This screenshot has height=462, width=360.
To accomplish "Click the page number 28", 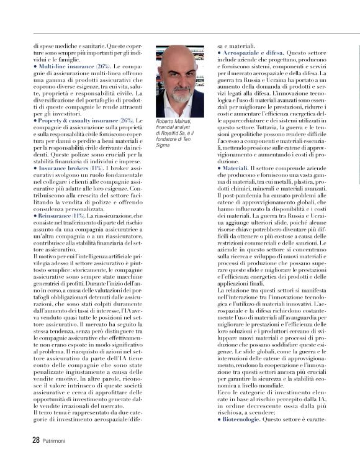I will click(36, 440).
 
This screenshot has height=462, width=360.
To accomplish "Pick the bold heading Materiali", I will click(236, 168).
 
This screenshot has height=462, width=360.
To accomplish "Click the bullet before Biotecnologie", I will click(219, 402).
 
